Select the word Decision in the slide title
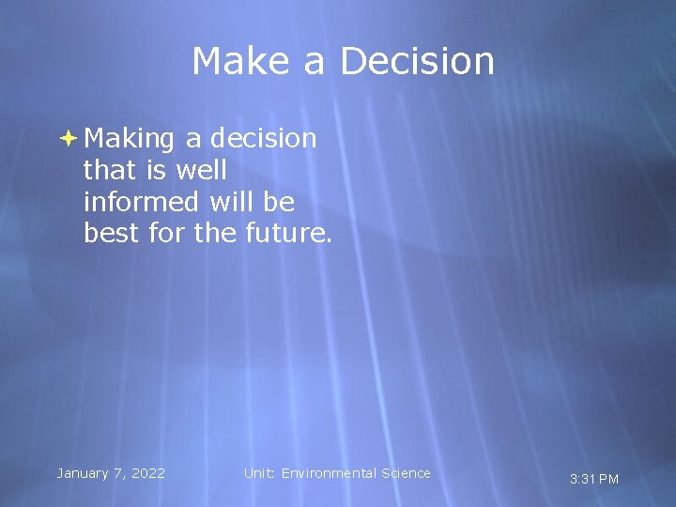pos(417,62)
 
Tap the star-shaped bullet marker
pos(69,139)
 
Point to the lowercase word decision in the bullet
pos(264,139)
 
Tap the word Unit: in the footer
pos(260,473)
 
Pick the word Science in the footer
pos(406,473)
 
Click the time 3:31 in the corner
pos(582,479)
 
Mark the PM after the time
pos(608,479)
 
